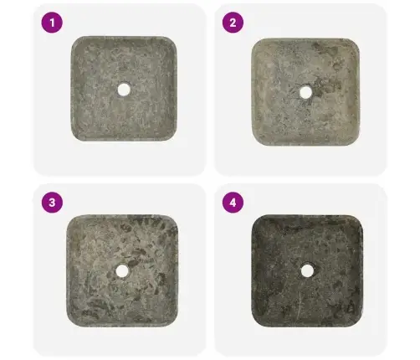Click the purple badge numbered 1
tap(52, 23)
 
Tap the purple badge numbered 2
tap(233, 23)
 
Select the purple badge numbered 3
tap(52, 203)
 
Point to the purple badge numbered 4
tap(233, 203)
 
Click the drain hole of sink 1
tap(124, 90)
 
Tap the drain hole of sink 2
tap(305, 92)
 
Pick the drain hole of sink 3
tap(122, 271)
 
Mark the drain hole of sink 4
tap(307, 270)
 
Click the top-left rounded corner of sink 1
tap(75, 40)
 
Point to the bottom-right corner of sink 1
tap(172, 136)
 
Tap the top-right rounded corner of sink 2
tap(355, 43)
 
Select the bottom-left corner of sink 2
tap(256, 141)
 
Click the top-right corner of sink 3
tap(173, 219)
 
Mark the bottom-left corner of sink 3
tap(71, 322)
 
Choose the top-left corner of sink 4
tap(256, 219)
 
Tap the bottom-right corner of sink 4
tap(358, 322)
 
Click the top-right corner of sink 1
tap(172, 40)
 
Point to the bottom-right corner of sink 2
tap(355, 141)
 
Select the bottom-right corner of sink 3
tap(173, 322)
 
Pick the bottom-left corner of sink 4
tap(256, 322)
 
